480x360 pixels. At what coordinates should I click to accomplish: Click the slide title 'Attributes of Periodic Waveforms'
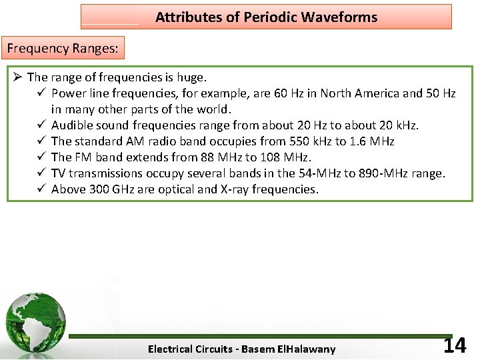pos(266,17)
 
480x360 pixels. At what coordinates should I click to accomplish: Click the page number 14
pos(455,345)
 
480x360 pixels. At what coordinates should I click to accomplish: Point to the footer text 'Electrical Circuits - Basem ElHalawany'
pos(241,349)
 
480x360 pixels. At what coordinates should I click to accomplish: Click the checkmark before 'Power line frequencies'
pos(41,93)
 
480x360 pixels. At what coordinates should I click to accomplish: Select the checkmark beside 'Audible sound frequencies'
pos(41,125)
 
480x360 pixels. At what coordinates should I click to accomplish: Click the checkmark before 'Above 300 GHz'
pos(41,189)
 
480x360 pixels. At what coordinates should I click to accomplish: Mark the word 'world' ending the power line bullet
pos(213,109)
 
